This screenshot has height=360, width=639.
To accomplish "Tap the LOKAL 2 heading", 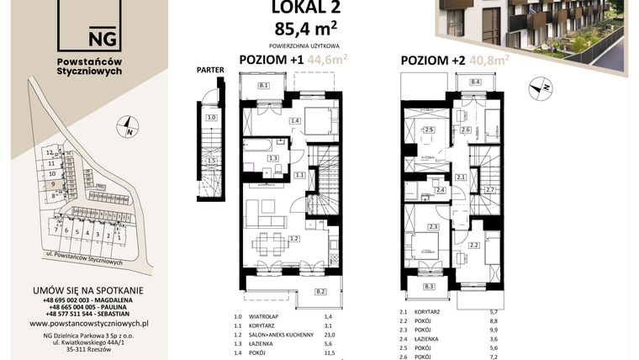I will (x=301, y=8).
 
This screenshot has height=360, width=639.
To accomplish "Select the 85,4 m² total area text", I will (x=301, y=30).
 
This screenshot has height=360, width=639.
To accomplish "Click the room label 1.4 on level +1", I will (x=295, y=122).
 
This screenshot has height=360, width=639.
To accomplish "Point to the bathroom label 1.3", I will (x=272, y=158).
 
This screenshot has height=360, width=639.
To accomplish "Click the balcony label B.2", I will (x=320, y=291).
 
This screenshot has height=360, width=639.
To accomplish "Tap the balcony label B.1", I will (x=263, y=86).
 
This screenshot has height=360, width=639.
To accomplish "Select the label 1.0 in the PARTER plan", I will (x=212, y=119).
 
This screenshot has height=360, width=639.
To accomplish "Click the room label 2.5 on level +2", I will (x=429, y=130).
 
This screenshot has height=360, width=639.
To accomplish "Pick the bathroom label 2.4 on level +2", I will (x=440, y=191).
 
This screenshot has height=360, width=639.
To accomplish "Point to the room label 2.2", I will (x=473, y=246).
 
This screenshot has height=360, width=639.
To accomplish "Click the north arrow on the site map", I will (x=128, y=129).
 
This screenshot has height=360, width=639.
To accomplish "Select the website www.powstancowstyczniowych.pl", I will (x=88, y=322).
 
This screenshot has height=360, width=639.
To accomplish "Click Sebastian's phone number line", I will (x=88, y=312).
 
